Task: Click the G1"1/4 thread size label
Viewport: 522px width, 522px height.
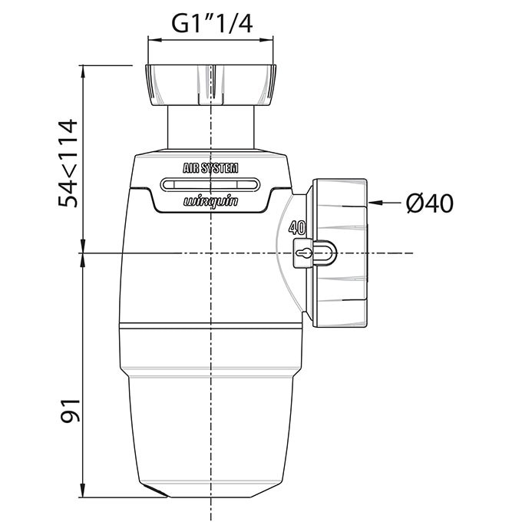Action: [212, 24]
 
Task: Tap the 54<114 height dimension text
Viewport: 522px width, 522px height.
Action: [68, 163]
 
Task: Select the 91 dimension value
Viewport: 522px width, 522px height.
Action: [71, 410]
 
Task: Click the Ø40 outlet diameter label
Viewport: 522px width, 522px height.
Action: [430, 203]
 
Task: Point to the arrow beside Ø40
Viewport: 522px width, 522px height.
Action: [385, 203]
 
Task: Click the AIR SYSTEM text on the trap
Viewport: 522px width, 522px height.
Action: [210, 168]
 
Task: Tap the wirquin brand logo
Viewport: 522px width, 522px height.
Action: [211, 202]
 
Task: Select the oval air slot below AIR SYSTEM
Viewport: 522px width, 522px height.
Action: [210, 185]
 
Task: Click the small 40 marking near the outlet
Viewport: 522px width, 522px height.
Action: [297, 228]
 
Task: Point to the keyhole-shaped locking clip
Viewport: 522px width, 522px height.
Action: [304, 253]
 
